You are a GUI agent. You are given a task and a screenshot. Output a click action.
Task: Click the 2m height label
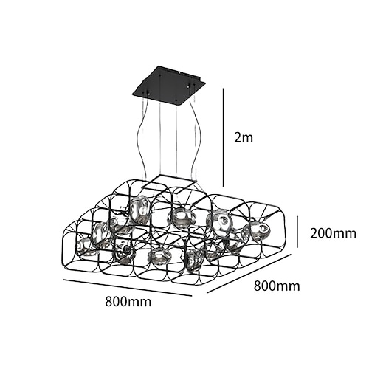pos(244,137)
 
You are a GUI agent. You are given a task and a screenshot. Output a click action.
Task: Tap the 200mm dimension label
pos(333,233)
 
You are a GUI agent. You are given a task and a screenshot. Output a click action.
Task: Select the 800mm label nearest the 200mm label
pos(277,286)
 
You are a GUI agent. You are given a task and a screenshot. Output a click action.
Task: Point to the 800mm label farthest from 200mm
pos(128,301)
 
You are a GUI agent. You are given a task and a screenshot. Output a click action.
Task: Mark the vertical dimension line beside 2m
pos(224,138)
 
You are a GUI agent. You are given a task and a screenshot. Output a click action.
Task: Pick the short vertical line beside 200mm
pos(297,232)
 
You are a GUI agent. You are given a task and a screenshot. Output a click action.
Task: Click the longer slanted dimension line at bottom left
pos(128,287)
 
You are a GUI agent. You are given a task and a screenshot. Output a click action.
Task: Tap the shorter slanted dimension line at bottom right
pos(249,273)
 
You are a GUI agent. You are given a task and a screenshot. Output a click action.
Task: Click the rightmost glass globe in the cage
pos(260,230)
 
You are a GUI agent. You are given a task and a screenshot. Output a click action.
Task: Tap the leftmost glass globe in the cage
pos(83,247)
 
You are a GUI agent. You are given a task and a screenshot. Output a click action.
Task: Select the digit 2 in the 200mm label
pos(314,233)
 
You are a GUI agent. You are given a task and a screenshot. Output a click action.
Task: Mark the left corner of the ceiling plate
pos(132,93)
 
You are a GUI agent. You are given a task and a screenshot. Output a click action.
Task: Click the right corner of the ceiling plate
pos(205,83)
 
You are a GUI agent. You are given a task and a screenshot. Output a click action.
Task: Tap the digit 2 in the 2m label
pos(238,137)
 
